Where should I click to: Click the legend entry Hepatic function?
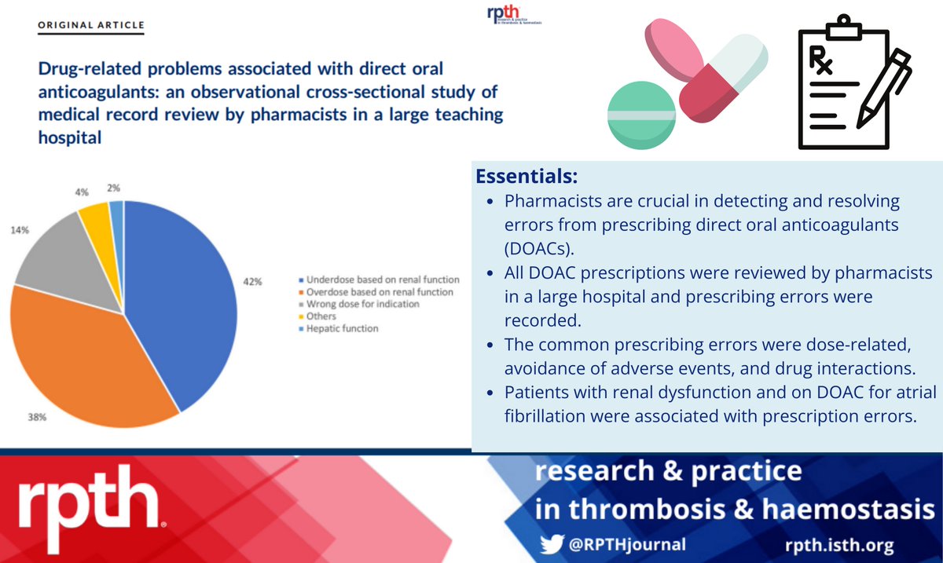pyautogui.click(x=341, y=328)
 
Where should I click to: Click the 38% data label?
pyautogui.click(x=39, y=419)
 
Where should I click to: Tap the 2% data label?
pyautogui.click(x=116, y=187)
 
